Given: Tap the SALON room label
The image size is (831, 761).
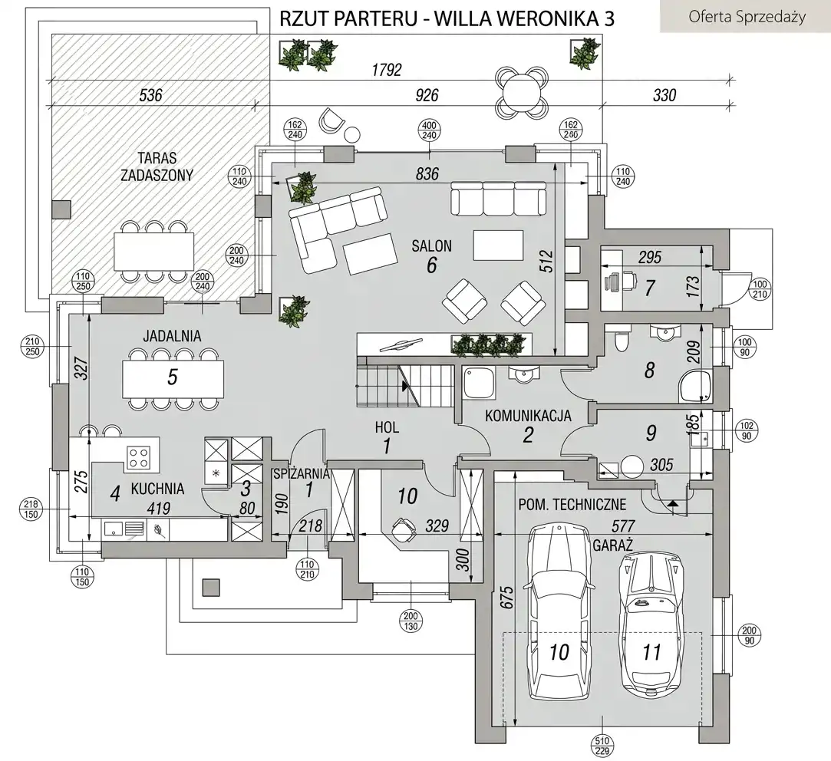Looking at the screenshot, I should [x=431, y=246].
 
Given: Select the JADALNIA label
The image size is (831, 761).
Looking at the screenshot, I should [x=171, y=335].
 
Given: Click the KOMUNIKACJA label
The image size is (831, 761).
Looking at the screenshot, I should [x=528, y=417].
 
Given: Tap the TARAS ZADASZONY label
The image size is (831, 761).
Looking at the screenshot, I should [x=157, y=166].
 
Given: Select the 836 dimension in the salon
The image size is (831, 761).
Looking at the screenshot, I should [x=427, y=175].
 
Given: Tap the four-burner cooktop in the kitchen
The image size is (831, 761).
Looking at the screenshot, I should [x=138, y=458].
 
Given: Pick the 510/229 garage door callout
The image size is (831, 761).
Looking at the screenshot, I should [x=602, y=746].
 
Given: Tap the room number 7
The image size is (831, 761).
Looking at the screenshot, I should [x=650, y=288].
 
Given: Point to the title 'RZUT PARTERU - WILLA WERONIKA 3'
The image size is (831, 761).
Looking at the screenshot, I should [x=447, y=18].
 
